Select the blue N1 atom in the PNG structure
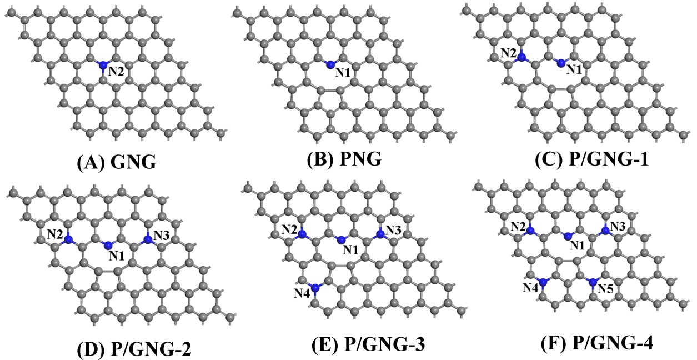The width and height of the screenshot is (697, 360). [330, 64]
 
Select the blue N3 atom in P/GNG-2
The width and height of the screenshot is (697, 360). [148, 239]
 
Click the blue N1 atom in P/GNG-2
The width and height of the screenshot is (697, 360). [108, 244]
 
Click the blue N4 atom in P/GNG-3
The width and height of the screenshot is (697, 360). [316, 288]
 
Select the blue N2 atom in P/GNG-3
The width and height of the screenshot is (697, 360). [302, 234]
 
